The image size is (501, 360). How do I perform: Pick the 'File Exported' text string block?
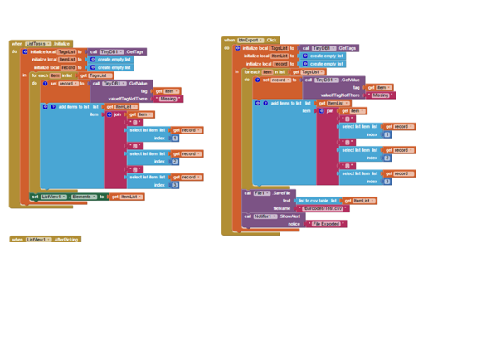click(x=328, y=224)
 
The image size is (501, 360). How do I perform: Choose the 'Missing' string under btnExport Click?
click(x=380, y=95)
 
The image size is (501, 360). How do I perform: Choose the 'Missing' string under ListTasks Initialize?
click(x=168, y=99)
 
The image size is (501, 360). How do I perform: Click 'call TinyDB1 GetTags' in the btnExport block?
click(x=329, y=48)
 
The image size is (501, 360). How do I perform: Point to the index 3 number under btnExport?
click(x=387, y=181)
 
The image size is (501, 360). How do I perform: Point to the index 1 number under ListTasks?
click(x=174, y=138)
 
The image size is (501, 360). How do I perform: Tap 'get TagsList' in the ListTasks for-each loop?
click(x=95, y=75)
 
